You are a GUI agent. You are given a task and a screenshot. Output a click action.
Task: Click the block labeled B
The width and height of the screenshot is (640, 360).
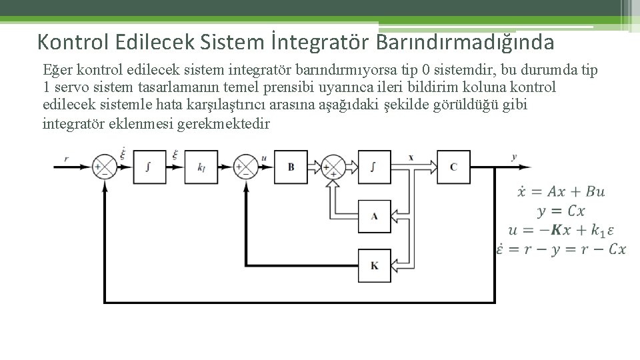[291, 167]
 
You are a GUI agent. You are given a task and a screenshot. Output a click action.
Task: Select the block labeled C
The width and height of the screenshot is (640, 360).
[453, 167]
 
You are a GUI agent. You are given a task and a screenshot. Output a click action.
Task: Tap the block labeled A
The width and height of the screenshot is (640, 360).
[374, 215]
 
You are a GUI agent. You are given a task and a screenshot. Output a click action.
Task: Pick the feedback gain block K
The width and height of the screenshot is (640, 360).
[374, 265]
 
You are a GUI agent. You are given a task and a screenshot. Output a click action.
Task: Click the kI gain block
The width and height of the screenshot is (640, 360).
[202, 167]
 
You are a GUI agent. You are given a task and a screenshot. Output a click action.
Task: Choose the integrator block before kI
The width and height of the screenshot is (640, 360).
[148, 167]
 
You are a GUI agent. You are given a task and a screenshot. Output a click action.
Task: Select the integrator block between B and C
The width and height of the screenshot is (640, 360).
[374, 167]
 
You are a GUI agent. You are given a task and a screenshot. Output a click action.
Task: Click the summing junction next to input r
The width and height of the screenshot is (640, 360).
[103, 167]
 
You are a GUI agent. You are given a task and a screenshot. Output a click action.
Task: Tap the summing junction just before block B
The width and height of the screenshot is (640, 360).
[247, 167]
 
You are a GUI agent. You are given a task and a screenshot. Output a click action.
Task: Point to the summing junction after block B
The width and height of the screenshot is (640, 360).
[331, 167]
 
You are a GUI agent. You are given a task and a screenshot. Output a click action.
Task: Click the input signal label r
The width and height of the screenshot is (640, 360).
[66, 157]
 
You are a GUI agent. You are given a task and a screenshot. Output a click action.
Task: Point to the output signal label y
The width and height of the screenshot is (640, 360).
[514, 157]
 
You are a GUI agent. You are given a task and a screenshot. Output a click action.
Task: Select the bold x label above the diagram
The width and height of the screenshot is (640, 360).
[411, 157]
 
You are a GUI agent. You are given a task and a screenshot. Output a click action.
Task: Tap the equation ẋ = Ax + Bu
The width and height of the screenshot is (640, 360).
[561, 191]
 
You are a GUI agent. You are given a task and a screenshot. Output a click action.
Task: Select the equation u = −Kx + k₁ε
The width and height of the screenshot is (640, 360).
[561, 230]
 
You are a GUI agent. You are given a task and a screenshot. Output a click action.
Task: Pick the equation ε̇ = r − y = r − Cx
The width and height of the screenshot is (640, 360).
[562, 249]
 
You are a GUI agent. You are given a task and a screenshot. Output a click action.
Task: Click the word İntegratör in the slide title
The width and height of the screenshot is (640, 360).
[321, 42]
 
